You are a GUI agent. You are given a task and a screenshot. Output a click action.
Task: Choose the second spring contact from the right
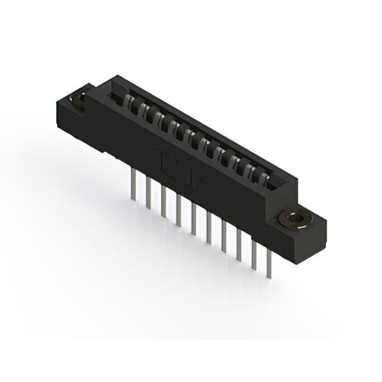coord(249,167)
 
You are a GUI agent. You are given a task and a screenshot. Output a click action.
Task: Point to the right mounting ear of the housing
coord(304,229)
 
